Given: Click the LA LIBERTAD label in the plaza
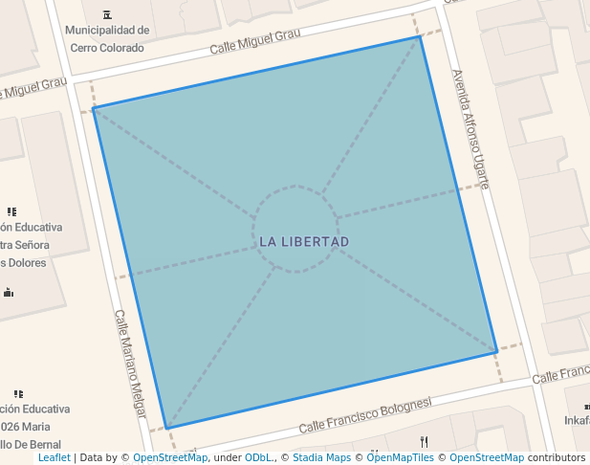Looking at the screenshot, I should point(304,241).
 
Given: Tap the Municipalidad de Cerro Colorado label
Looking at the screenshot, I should point(107,38).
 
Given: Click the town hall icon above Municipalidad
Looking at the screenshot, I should point(105,13).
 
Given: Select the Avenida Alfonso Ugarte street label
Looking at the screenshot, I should point(470,128).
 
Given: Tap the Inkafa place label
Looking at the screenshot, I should point(577,420).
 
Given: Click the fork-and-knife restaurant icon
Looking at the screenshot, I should point(425,441).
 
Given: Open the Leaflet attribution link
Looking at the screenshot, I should point(55,457).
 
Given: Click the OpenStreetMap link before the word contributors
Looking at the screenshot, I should point(487,457).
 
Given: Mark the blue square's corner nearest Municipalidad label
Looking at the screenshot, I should point(93,108).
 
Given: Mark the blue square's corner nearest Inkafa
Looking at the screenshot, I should point(497,351).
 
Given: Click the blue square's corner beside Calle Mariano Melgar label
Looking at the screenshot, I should point(166,428).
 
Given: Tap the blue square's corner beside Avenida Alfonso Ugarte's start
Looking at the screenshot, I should point(420,36).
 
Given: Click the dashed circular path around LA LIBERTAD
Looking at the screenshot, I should point(296,187).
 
